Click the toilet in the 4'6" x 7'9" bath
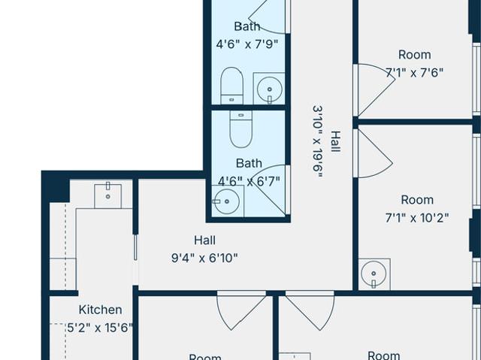(231, 86)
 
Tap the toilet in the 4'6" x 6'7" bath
(241, 129)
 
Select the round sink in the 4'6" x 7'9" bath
(269, 89)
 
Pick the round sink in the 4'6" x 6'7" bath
(226, 201)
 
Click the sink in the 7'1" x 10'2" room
(374, 274)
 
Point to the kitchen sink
(107, 196)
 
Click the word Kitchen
(100, 310)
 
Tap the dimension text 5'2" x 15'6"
(100, 328)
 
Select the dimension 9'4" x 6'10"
(204, 259)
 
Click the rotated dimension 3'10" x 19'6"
(318, 141)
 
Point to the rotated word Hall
(336, 141)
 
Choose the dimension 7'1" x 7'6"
(414, 73)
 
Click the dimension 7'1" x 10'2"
(417, 218)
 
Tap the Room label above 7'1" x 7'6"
(414, 55)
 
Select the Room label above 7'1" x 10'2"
(417, 200)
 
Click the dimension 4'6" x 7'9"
(247, 44)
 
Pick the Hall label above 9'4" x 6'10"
(204, 240)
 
